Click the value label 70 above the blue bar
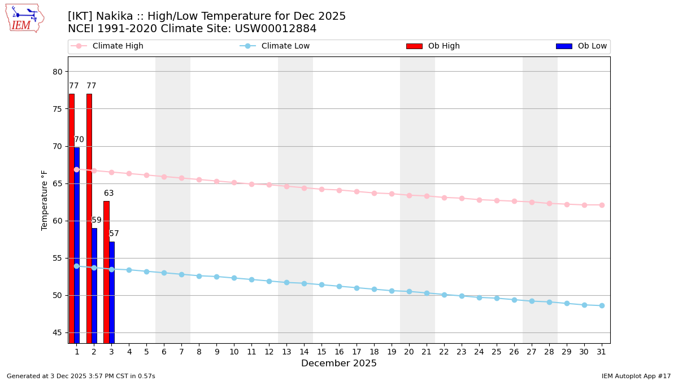79,139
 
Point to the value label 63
108,193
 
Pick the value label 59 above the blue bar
97,220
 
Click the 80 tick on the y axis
58,72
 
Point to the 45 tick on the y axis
58,332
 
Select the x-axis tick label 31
602,352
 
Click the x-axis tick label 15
321,352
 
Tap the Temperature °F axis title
45,200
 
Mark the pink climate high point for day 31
602,205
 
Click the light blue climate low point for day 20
409,291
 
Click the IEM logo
24,18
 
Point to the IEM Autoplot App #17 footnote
636,376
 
